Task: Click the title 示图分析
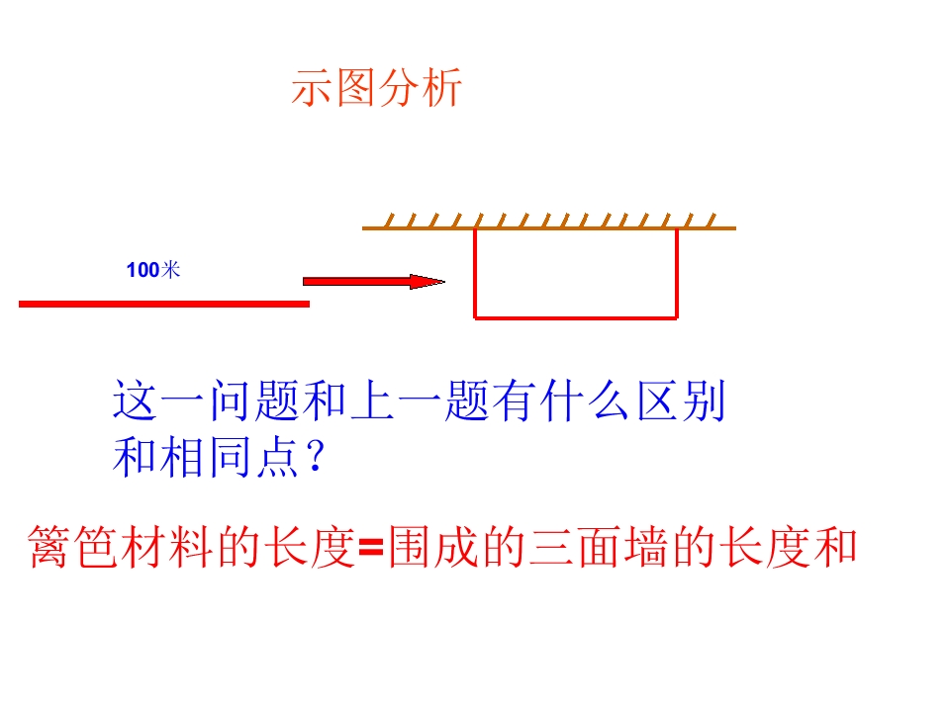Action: [376, 88]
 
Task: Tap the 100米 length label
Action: [153, 269]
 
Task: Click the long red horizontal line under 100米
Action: [164, 304]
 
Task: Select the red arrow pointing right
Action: [374, 282]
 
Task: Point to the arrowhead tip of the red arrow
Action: [444, 282]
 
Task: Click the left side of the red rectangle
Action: [476, 273]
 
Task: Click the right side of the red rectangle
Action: [676, 273]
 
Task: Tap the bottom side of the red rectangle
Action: [576, 317]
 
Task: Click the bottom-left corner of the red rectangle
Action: [476, 317]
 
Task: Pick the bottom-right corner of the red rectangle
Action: [676, 317]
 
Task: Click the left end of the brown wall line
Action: [363, 228]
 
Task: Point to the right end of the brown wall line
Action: [735, 228]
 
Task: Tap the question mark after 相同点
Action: [316, 456]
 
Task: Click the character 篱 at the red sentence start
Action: [49, 547]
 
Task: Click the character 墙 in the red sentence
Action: [646, 547]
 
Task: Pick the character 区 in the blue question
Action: [657, 400]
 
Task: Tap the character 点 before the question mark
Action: [278, 457]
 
